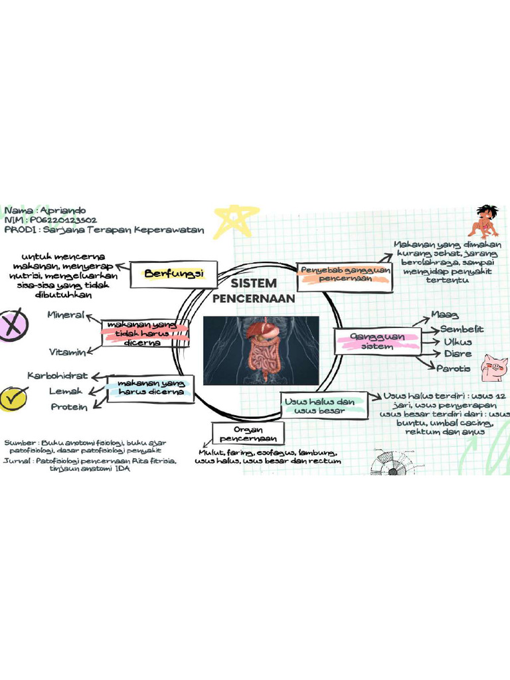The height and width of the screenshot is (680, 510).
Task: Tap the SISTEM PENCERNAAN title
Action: (254, 291)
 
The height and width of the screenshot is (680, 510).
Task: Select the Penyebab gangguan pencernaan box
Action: (344, 275)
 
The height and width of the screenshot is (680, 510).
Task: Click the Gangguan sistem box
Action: (377, 341)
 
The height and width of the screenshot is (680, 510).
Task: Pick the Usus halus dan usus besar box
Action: (320, 405)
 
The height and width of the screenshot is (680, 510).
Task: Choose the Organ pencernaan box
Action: (248, 434)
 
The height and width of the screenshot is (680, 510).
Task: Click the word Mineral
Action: (66, 315)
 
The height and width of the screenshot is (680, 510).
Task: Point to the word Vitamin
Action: (67, 351)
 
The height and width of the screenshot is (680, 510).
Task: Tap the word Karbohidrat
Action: (58, 376)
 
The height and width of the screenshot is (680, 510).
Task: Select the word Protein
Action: (69, 406)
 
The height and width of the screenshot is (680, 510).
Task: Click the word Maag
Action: (444, 314)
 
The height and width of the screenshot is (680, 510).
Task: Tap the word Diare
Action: (458, 353)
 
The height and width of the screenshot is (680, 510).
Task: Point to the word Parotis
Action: (454, 368)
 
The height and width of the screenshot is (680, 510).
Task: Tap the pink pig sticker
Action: (495, 367)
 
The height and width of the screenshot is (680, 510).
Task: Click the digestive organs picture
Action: (260, 350)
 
